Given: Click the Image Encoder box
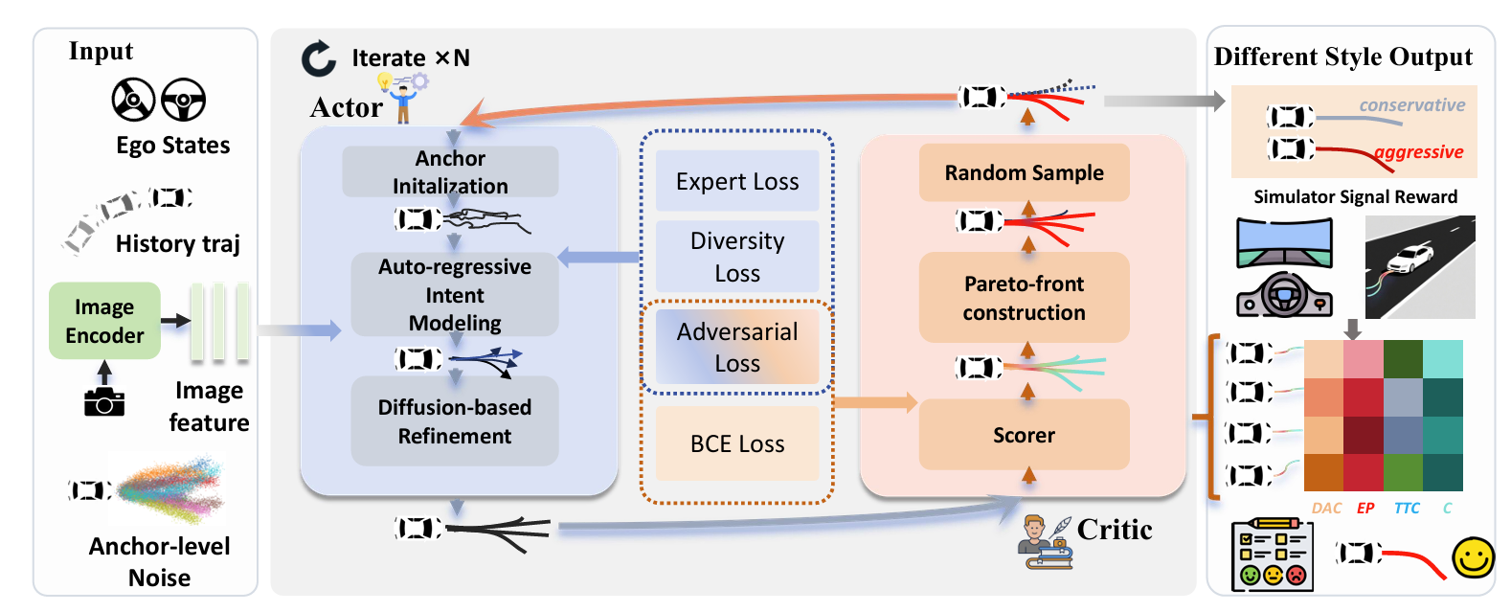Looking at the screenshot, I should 104,321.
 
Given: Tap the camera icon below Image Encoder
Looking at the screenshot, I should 104,402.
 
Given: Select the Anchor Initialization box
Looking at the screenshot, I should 450,171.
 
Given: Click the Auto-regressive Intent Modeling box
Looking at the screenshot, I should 455,294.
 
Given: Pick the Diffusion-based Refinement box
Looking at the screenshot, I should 455,421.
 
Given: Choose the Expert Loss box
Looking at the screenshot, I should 737,181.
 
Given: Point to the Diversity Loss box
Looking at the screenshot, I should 737,257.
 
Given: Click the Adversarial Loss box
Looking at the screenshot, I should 737,347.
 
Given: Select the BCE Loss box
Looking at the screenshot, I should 737,443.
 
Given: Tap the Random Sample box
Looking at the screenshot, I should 1024,172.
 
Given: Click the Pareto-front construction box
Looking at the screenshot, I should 1024,298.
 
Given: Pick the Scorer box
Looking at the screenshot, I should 1024,435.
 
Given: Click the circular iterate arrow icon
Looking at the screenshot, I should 319,58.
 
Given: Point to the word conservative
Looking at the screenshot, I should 1411,105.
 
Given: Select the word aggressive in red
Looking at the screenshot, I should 1418,152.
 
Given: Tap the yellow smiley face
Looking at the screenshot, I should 1473,557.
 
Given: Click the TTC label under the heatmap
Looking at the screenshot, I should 1407,509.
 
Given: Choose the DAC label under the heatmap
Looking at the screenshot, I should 1326,509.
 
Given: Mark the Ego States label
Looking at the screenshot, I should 173,146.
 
